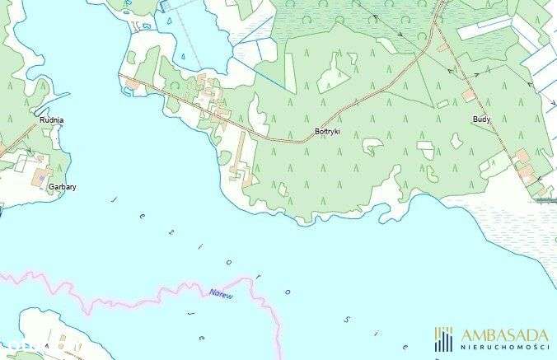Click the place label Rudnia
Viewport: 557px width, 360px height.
[x=51, y=120]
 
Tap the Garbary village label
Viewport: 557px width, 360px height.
[x=63, y=187]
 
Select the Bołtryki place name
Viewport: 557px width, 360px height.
[x=327, y=132]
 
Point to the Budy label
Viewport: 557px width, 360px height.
[x=481, y=119]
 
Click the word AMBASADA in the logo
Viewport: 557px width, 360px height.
[x=504, y=334]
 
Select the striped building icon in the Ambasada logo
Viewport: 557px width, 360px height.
[x=444, y=339]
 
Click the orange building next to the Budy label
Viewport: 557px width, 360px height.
[x=468, y=96]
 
